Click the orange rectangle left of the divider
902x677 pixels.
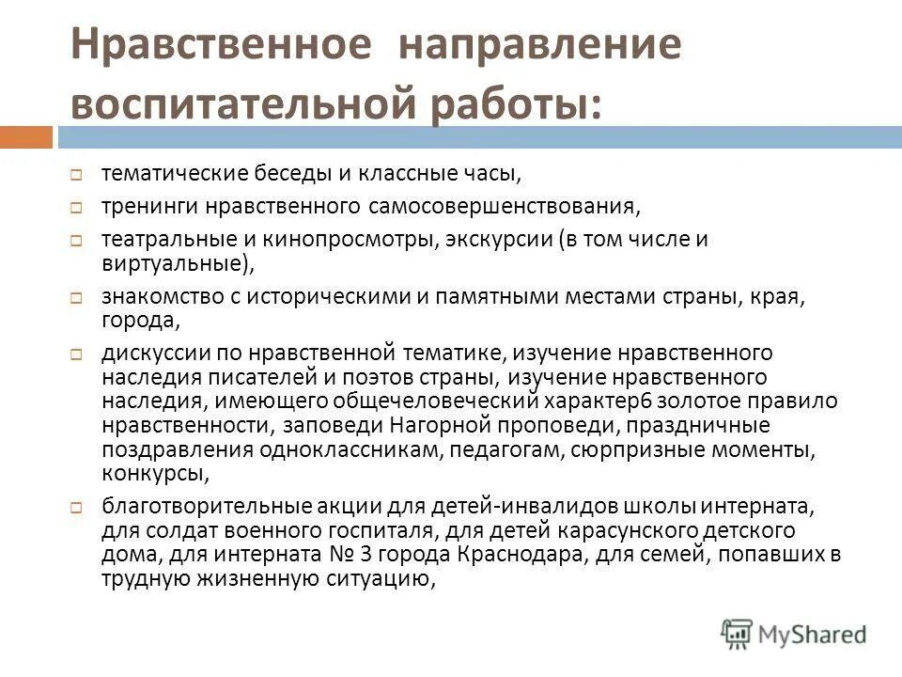(x=26, y=137)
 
